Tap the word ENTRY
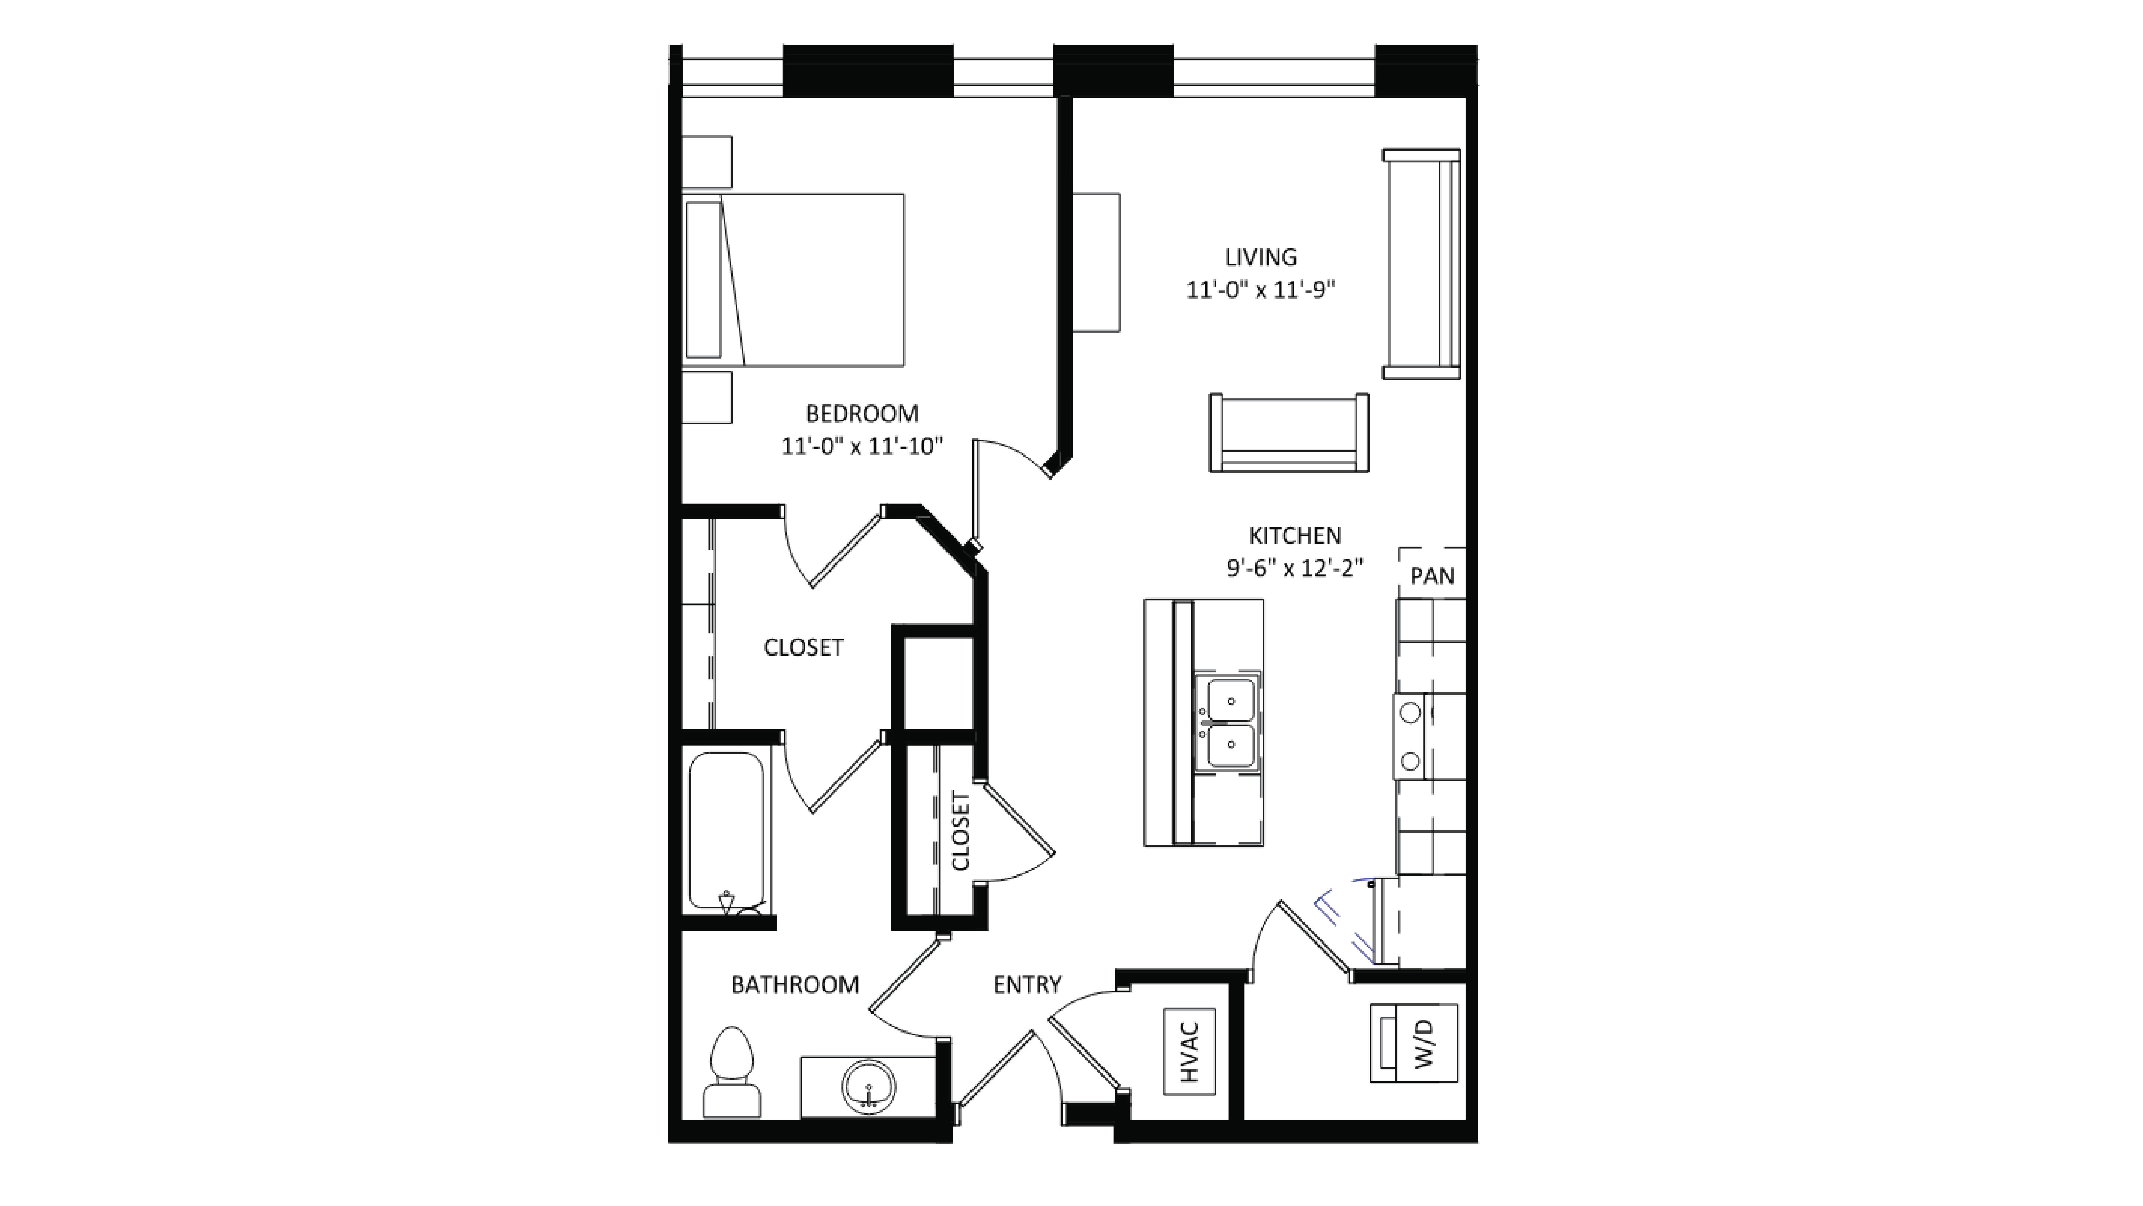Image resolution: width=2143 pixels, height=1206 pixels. click(1027, 985)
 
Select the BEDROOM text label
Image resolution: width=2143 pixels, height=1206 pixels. click(862, 413)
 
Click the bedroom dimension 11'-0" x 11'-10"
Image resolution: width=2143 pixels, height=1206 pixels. click(862, 447)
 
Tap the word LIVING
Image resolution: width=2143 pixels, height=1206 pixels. click(1260, 257)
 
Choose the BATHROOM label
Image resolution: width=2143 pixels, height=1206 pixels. click(794, 985)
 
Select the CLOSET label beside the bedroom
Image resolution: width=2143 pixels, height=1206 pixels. click(804, 647)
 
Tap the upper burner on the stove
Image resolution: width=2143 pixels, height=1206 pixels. click(1410, 712)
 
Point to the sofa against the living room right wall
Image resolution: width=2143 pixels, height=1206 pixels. click(1422, 264)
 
